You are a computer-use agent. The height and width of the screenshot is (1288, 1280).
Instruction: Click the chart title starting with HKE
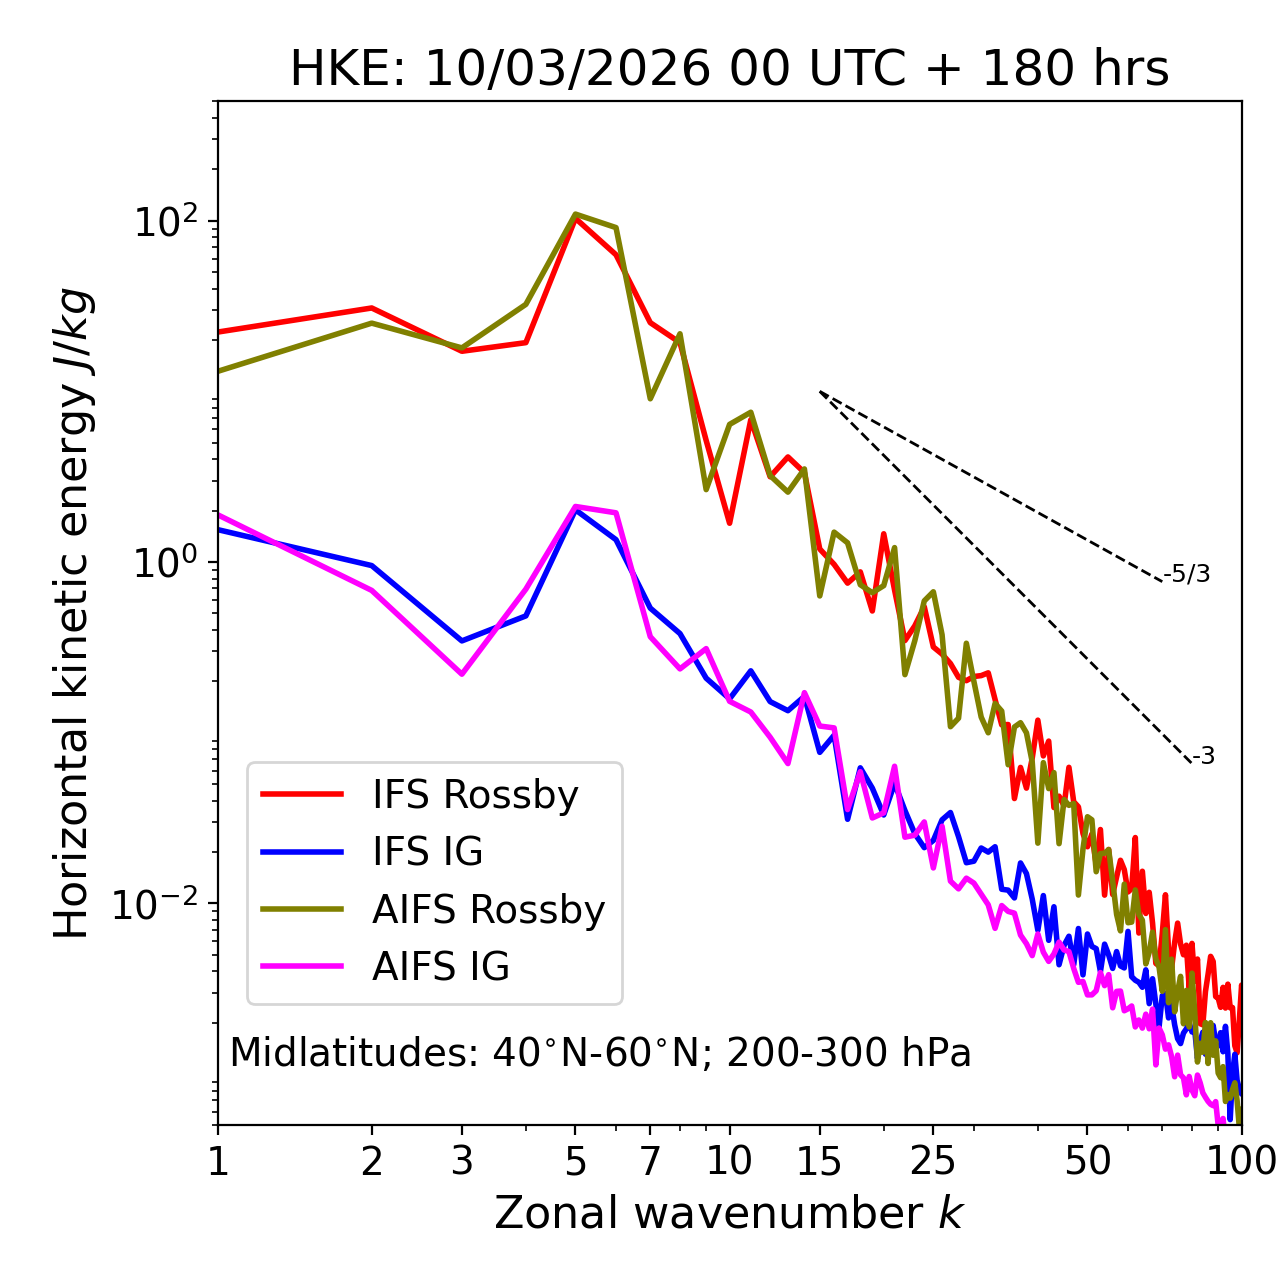(729, 70)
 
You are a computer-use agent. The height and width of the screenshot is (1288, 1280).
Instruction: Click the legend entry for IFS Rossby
(475, 795)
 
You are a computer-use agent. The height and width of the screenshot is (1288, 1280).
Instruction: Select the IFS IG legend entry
(427, 852)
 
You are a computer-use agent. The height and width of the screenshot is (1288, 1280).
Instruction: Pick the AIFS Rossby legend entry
(488, 910)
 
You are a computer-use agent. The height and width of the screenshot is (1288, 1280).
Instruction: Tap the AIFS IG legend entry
(441, 967)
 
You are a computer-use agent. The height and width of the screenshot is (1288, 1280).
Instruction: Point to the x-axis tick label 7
(650, 1161)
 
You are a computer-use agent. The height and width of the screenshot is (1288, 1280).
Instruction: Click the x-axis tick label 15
(820, 1161)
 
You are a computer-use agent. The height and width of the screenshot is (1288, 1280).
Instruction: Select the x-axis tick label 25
(933, 1161)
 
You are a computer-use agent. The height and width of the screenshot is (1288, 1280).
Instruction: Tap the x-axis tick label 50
(1087, 1161)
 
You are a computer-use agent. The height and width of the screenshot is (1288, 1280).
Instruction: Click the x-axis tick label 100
(1241, 1161)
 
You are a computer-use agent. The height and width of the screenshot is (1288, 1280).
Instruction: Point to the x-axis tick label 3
(462, 1161)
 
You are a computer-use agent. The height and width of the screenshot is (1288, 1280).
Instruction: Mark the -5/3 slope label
(1187, 574)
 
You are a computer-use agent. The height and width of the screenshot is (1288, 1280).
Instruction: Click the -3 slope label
(1203, 757)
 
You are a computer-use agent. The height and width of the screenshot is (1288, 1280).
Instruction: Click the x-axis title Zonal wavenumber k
(729, 1213)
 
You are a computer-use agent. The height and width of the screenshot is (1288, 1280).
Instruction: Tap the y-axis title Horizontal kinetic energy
(72, 613)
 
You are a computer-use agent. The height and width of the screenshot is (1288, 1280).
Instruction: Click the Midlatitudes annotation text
(600, 1053)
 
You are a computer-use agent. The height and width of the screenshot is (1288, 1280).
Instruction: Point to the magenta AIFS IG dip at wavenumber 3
(462, 673)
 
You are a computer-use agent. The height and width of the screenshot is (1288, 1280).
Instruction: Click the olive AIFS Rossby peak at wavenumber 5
(575, 214)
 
